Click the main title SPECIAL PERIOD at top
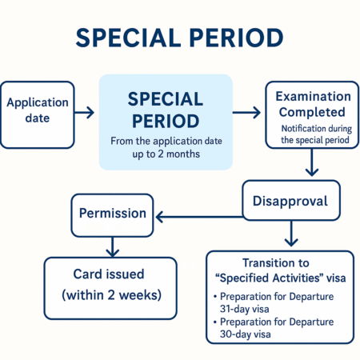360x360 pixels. [x=179, y=38]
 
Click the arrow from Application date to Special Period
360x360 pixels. [x=84, y=112]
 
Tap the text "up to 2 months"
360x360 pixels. [x=166, y=154]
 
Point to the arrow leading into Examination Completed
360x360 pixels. [x=246, y=112]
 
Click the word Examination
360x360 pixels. [x=313, y=96]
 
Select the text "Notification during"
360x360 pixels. [x=317, y=129]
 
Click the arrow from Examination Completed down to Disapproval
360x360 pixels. [x=312, y=162]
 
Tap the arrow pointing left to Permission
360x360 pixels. [x=199, y=217]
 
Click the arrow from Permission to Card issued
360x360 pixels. [x=113, y=247]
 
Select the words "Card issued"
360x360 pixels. [x=109, y=274]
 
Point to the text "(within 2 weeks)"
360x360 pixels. [x=111, y=295]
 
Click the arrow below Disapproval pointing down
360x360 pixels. [x=291, y=234]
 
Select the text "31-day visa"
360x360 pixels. [x=245, y=309]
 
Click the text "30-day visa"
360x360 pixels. [x=246, y=334]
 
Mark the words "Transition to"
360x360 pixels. [x=276, y=263]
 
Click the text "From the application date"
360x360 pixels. [x=166, y=141]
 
